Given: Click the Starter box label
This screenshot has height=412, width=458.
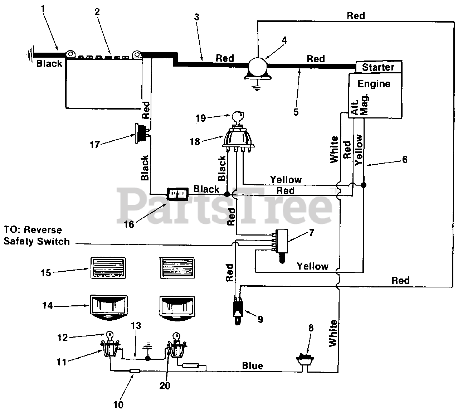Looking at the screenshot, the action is click(x=378, y=67).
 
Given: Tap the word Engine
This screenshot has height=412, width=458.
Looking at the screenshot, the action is click(x=374, y=84).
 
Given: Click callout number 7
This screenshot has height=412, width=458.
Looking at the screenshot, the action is click(x=312, y=233).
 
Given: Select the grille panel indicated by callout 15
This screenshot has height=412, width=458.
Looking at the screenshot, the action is click(x=108, y=268).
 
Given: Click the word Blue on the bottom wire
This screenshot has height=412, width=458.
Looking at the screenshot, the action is click(x=253, y=365).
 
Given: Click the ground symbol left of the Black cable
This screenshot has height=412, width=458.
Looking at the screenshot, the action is click(x=30, y=54).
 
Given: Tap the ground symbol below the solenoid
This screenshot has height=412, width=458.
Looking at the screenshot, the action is click(x=257, y=88).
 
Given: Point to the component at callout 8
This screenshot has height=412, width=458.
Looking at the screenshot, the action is click(x=305, y=359).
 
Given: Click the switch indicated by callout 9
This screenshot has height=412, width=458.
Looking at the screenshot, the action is click(x=238, y=310).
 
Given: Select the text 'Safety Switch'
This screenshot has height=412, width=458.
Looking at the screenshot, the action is click(x=37, y=242).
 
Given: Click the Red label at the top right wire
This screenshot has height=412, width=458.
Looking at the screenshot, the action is click(x=356, y=15).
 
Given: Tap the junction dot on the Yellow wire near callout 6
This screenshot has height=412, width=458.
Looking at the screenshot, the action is click(x=364, y=185).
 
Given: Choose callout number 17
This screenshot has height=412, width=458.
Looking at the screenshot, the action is click(x=95, y=145).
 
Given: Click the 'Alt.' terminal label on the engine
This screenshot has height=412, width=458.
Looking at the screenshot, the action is click(x=355, y=107).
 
